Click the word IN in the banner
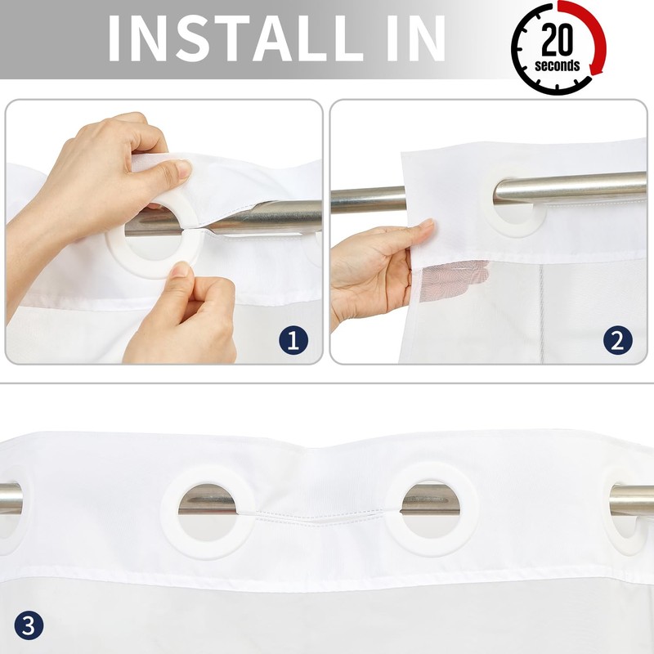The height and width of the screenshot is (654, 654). click(x=416, y=38)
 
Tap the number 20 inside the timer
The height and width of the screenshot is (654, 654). click(x=558, y=39)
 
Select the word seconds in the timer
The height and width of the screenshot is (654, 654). click(x=558, y=65)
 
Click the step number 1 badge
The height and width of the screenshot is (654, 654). click(x=293, y=340)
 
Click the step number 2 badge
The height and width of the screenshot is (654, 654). click(x=618, y=340)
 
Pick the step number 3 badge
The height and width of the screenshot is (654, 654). click(x=29, y=625)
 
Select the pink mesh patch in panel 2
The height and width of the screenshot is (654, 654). click(x=455, y=279)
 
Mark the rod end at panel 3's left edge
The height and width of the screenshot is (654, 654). click(x=11, y=499)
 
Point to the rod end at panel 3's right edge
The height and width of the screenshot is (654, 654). click(x=631, y=500)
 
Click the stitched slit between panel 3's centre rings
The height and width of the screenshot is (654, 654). click(x=319, y=517)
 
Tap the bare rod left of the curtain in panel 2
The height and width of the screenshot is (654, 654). click(x=367, y=199)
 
